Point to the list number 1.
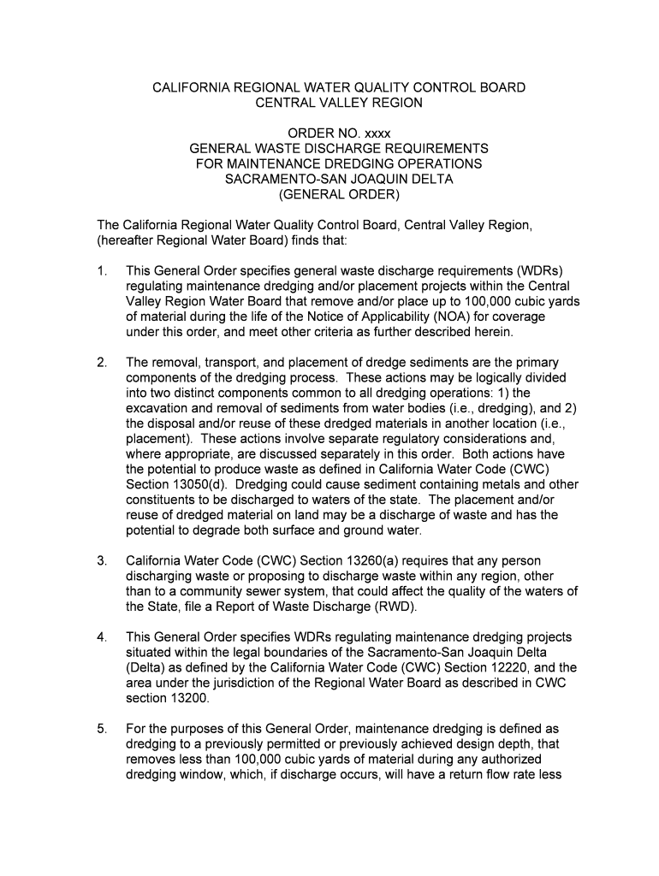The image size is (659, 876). pos(102,271)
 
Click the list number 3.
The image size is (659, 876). pos(102,561)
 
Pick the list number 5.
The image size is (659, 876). pos(102,729)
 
